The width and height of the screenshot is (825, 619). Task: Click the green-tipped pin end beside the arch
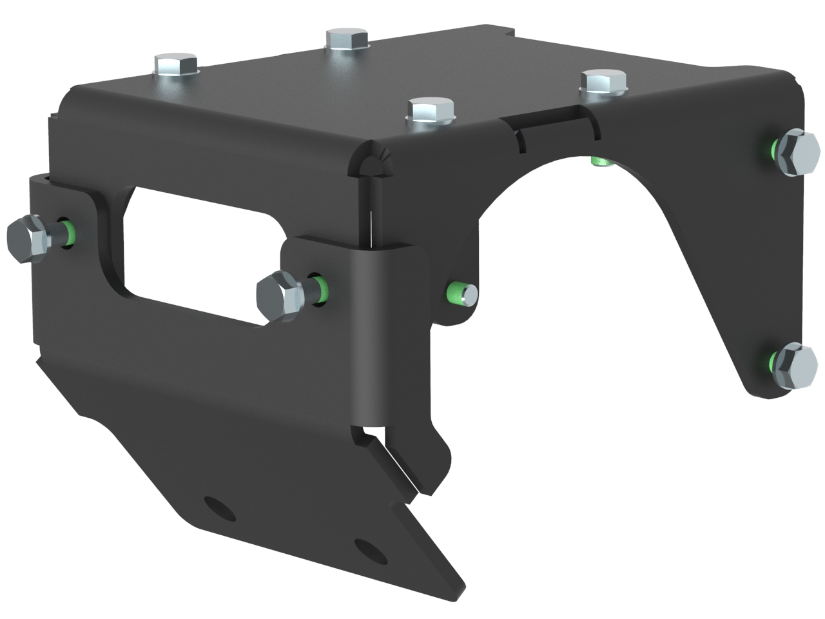(x=463, y=294)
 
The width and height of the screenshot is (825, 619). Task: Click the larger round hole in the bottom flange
(x=218, y=509)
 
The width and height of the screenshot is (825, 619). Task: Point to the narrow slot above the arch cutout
(x=522, y=139)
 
